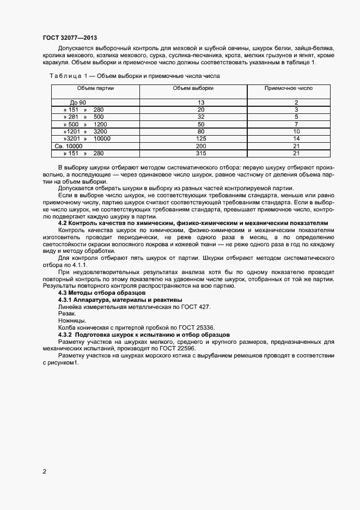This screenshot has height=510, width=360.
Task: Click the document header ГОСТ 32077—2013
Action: click(70, 38)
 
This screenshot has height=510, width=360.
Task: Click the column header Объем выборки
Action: click(193, 88)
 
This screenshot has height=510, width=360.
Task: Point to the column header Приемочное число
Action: click(288, 88)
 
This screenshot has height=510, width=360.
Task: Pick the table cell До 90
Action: click(78, 102)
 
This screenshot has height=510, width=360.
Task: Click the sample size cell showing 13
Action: click(201, 102)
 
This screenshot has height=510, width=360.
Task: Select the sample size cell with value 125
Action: click(201, 139)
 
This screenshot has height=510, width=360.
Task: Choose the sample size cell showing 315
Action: click(201, 154)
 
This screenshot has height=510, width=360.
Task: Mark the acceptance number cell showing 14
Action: click(296, 139)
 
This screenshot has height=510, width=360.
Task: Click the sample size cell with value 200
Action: click(201, 146)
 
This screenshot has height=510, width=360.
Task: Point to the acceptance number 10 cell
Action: click(296, 131)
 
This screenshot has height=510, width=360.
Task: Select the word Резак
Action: click(67, 313)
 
